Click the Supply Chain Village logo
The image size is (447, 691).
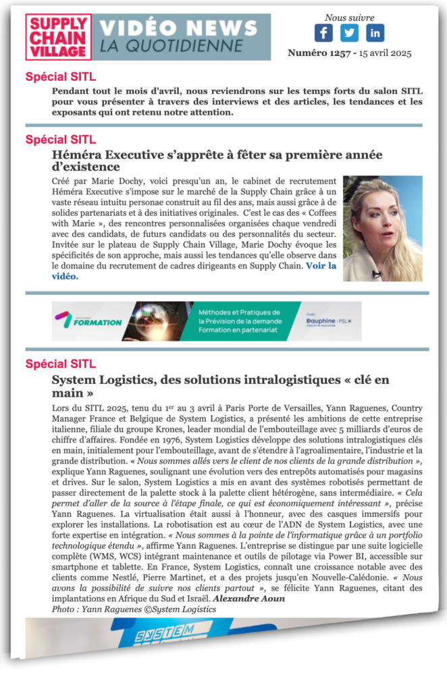click(x=58, y=37)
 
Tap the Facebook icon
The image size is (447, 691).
click(x=323, y=32)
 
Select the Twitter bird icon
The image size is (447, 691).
click(x=349, y=32)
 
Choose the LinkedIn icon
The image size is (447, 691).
click(x=375, y=32)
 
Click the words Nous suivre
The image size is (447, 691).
click(x=349, y=18)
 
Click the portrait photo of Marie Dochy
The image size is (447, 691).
click(x=382, y=228)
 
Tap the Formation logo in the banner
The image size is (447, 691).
click(x=88, y=321)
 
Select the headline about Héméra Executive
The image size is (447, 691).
click(x=216, y=161)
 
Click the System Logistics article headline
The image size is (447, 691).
click(x=220, y=387)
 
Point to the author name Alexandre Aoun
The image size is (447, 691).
click(x=249, y=599)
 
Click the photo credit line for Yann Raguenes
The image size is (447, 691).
click(x=134, y=609)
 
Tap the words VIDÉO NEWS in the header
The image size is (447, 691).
click(x=179, y=28)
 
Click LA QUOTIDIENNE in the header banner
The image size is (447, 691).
click(x=171, y=47)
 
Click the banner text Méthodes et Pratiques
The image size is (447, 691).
click(x=239, y=312)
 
